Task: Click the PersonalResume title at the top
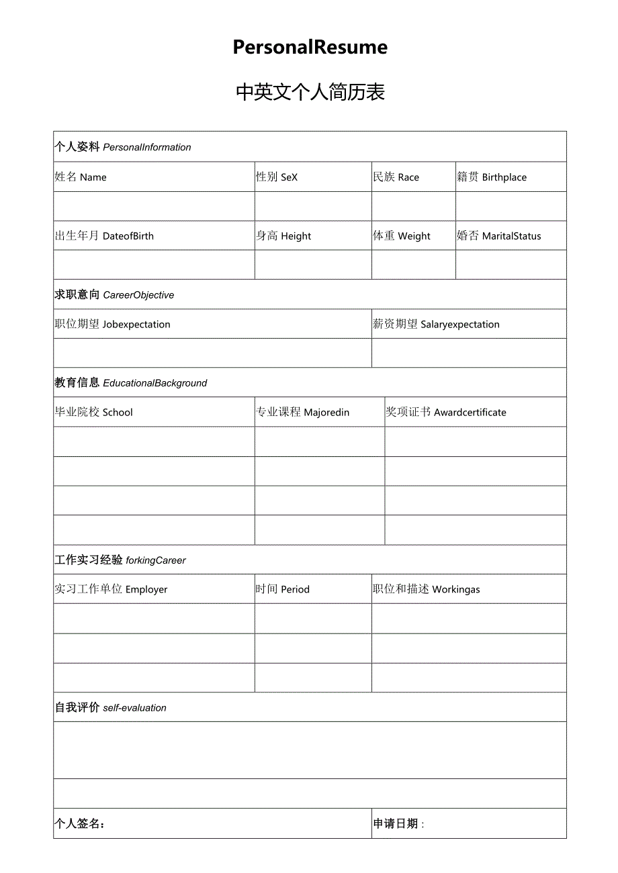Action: pos(310,47)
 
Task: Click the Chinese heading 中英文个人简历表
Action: pos(310,92)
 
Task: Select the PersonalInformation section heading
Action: pos(123,147)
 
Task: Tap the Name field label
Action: pos(81,177)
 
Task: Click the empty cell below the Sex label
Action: pos(312,206)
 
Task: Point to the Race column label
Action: pos(396,177)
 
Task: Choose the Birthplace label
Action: pos(492,177)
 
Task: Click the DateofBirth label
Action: pos(104,236)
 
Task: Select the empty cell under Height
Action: pos(312,265)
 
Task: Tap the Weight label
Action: pos(402,236)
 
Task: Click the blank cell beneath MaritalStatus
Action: pos(511,265)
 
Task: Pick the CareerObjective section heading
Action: pos(114,295)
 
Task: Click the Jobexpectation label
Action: pos(112,324)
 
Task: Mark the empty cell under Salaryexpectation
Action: pos(469,353)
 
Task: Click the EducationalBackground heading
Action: pos(131,382)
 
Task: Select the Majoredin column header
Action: pos(302,412)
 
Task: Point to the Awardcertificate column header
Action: pos(446,412)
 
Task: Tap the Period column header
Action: pos(283,589)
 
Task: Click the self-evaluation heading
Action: pos(110,707)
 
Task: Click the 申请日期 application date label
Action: pos(398,824)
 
